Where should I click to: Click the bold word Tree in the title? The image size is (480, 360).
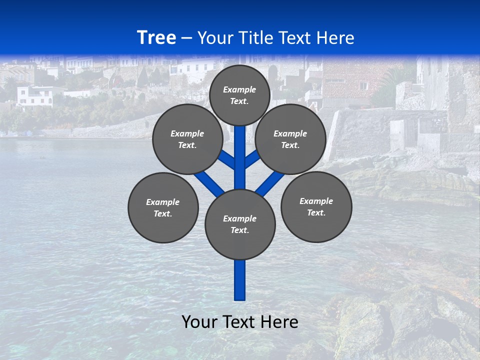[x=156, y=38]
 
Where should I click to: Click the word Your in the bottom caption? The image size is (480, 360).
[x=200, y=322]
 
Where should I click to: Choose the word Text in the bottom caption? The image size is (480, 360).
[x=238, y=322]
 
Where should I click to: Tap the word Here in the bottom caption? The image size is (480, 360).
[x=279, y=322]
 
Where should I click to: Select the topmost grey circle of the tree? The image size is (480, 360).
[x=239, y=95]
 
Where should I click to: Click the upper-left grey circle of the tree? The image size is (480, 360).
[x=187, y=139]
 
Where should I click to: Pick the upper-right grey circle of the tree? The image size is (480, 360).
[x=290, y=139]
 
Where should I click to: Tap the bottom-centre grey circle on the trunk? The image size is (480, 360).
[x=240, y=224]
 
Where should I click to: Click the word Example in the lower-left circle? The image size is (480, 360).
[x=162, y=202]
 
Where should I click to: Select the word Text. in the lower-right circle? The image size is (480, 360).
[x=316, y=212]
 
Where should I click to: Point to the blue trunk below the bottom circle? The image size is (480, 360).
[x=240, y=280]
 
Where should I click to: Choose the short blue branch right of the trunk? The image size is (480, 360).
[x=252, y=159]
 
